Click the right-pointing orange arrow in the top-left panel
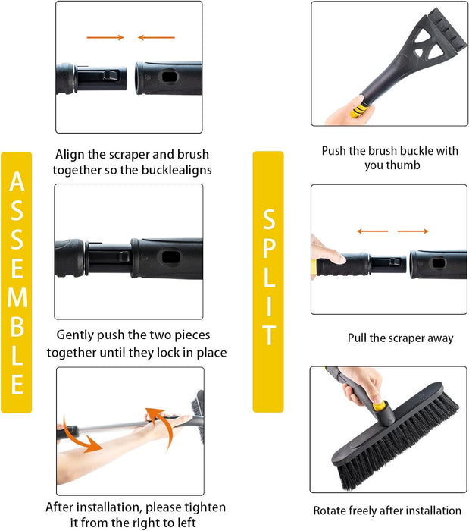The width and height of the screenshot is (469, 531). coord(105,37)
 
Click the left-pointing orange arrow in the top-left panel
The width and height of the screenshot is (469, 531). coord(156,37)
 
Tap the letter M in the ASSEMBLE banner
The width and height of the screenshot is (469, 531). coord(17,297)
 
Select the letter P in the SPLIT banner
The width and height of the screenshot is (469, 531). coord(268,248)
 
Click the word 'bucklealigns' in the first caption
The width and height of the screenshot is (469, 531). coord(177,170)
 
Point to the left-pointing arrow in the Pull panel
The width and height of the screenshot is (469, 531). coord(373,231)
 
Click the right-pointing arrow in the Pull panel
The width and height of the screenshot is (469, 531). coord(413,231)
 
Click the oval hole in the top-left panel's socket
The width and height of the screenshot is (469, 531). coord(170,77)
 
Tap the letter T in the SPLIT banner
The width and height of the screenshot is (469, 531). coord(268,335)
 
